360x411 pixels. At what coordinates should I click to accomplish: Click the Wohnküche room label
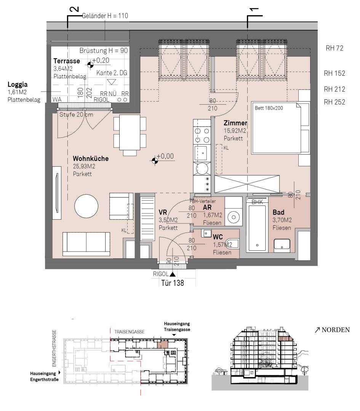click(91, 159)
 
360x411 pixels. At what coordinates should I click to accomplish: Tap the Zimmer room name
click(235, 123)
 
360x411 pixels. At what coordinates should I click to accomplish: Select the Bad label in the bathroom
click(278, 212)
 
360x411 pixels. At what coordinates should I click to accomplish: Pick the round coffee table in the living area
click(86, 206)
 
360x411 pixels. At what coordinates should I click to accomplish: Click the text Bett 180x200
click(269, 108)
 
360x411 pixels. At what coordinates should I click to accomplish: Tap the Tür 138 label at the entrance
click(173, 283)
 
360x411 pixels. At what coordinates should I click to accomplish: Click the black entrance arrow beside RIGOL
click(173, 274)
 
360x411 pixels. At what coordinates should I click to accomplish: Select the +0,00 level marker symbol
click(155, 161)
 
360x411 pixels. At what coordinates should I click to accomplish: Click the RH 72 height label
click(334, 48)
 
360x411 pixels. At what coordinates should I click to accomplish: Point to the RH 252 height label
click(334, 102)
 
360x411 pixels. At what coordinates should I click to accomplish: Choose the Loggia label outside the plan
click(18, 84)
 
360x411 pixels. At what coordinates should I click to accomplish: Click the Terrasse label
click(67, 61)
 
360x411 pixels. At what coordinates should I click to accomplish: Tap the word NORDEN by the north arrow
click(336, 330)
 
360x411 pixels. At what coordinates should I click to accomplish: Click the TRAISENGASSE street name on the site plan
click(130, 332)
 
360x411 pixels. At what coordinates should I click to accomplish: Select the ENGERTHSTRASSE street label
click(54, 348)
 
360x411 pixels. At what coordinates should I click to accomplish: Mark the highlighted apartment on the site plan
click(162, 344)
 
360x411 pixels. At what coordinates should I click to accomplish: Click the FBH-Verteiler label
click(203, 201)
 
